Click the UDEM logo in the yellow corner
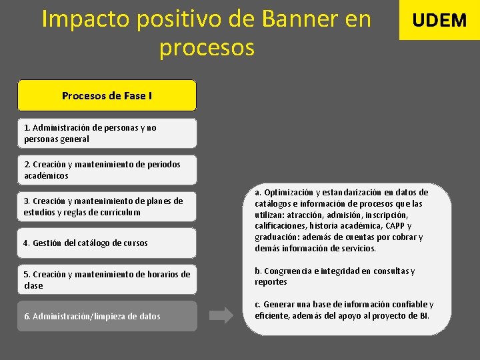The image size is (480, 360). (439, 20)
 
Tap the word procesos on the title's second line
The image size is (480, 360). (207, 48)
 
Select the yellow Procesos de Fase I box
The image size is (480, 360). (107, 95)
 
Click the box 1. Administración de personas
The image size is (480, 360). (107, 133)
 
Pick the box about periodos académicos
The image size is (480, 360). (107, 170)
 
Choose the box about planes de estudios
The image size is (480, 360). (107, 206)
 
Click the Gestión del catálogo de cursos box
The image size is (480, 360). (107, 243)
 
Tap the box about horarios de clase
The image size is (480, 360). (107, 279)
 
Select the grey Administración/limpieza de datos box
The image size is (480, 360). (107, 316)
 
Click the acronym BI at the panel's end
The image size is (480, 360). (423, 315)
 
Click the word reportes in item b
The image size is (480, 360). (271, 282)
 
